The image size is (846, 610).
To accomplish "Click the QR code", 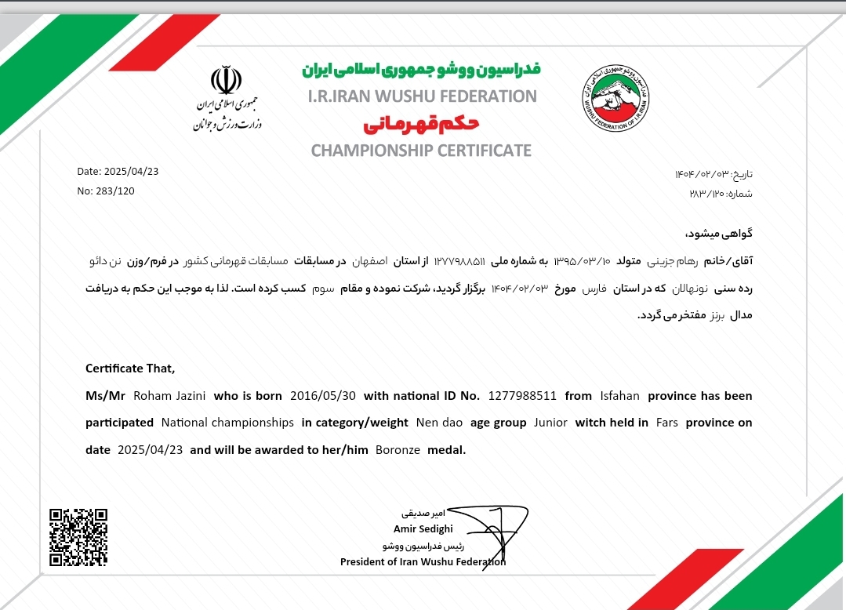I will coord(78,537).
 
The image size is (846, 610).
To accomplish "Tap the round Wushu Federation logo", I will coord(615,98).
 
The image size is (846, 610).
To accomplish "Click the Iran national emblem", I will coord(226,82).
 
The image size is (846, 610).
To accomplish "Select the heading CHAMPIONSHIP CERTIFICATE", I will coord(421,151).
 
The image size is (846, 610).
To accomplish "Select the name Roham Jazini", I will coord(170,396).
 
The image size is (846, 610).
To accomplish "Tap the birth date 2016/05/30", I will coord(322,396).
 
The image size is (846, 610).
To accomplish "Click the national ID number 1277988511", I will coord(522,396).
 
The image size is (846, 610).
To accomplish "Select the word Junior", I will coord(550,423).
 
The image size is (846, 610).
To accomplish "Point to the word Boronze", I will coord(398,450).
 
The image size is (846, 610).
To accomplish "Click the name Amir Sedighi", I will coord(423,528).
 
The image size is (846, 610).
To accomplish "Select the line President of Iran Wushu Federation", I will coord(423,561).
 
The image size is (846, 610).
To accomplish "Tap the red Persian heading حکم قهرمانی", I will coord(421,124).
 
